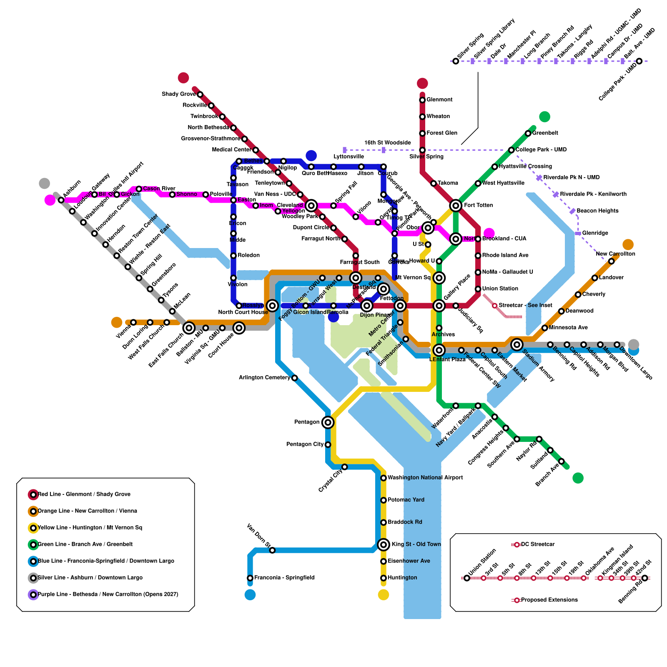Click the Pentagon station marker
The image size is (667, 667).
(x=328, y=422)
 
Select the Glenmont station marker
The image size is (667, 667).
(x=422, y=100)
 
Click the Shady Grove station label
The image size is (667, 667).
(x=178, y=94)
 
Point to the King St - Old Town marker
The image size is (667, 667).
(x=384, y=544)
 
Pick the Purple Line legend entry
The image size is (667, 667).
(x=108, y=594)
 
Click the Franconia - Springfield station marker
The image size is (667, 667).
(x=250, y=578)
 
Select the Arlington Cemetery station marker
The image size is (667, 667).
(x=295, y=378)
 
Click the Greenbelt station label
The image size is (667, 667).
(x=545, y=133)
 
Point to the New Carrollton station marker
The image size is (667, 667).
(x=611, y=261)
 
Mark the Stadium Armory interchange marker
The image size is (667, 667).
(x=517, y=344)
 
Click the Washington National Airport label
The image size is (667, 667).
(x=425, y=478)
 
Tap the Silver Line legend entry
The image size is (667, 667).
(x=90, y=578)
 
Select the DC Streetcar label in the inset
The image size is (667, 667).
(x=538, y=544)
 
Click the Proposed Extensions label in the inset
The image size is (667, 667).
(x=549, y=600)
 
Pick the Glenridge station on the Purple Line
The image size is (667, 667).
(x=578, y=233)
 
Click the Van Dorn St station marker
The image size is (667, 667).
(x=272, y=550)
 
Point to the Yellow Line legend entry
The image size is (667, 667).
(x=90, y=528)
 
